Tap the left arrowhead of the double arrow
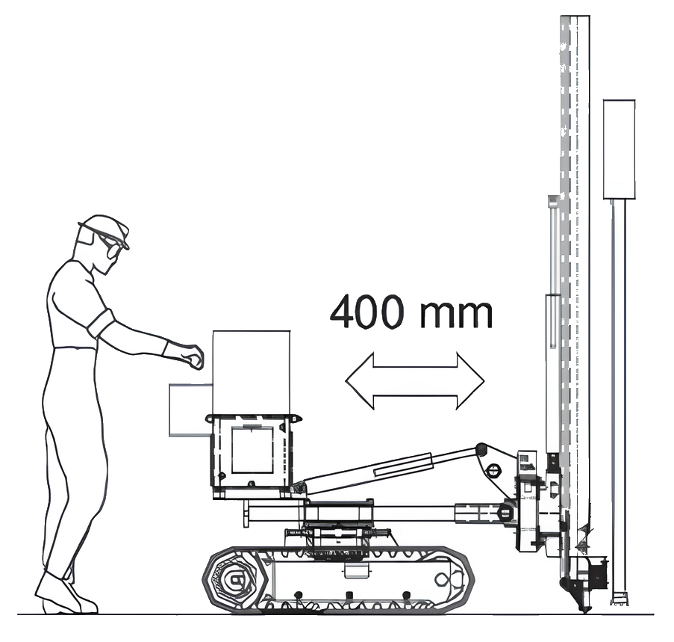coord(360,380)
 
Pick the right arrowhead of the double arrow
coord(470,381)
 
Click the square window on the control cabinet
coord(252,450)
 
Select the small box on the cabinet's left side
coord(191,410)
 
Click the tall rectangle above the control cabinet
coord(252,373)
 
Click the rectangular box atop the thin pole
coord(619,149)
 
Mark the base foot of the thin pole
coord(620,599)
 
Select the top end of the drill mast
coord(575,17)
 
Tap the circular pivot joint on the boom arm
coord(493,469)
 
